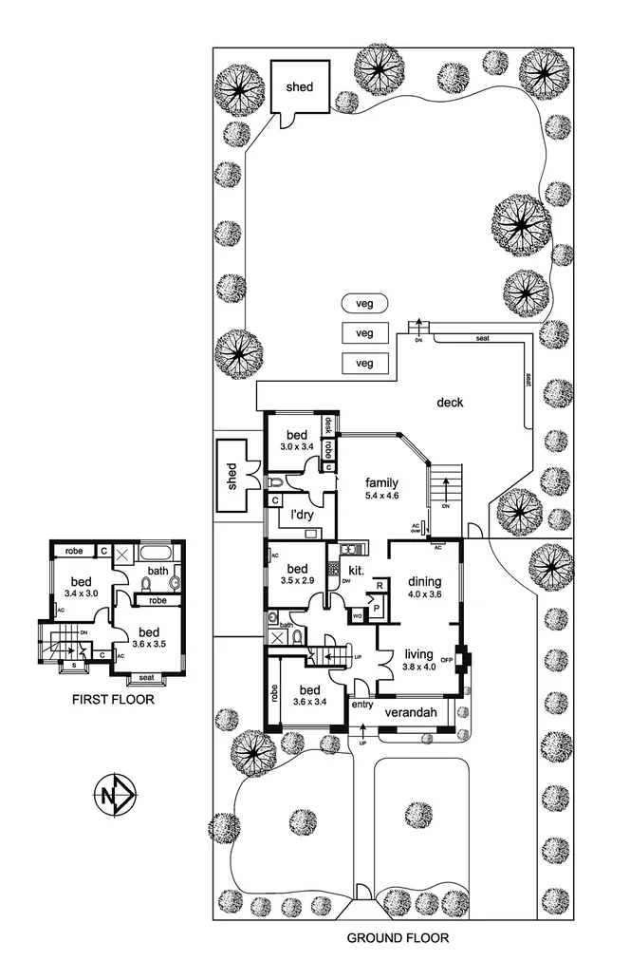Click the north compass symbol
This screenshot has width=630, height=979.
115,792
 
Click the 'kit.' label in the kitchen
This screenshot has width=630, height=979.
358,570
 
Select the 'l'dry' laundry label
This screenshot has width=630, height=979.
303,516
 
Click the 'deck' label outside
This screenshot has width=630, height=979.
450,403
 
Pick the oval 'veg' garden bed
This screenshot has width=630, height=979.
360,303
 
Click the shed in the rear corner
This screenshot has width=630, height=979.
301,86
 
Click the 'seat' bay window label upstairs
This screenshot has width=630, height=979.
146,678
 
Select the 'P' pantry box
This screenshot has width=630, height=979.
376,608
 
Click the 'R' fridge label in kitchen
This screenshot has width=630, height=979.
379,587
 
